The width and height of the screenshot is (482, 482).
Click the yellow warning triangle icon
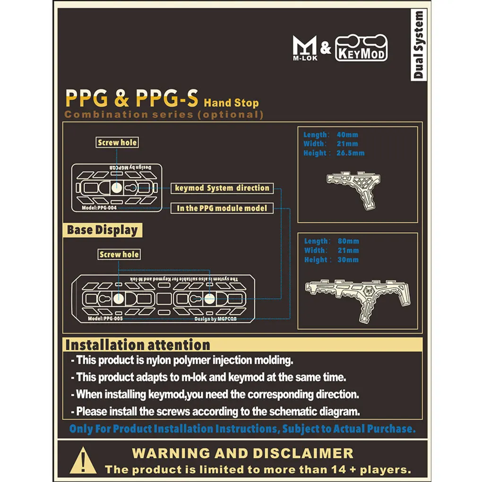[x=83, y=460]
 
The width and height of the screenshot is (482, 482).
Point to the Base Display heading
[x=103, y=231]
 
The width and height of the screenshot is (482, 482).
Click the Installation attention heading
[x=138, y=344]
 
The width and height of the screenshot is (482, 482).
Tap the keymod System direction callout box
[x=222, y=188]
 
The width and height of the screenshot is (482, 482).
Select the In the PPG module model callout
[x=222, y=208]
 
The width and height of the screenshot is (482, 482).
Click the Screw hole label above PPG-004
[x=118, y=142]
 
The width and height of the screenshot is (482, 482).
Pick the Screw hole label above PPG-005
[x=119, y=254]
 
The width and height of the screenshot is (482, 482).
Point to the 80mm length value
[x=348, y=241]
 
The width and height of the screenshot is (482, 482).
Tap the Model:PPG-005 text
[x=105, y=319]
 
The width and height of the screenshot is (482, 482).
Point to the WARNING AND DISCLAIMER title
[x=242, y=453]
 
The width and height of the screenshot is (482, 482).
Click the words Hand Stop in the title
[x=231, y=103]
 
